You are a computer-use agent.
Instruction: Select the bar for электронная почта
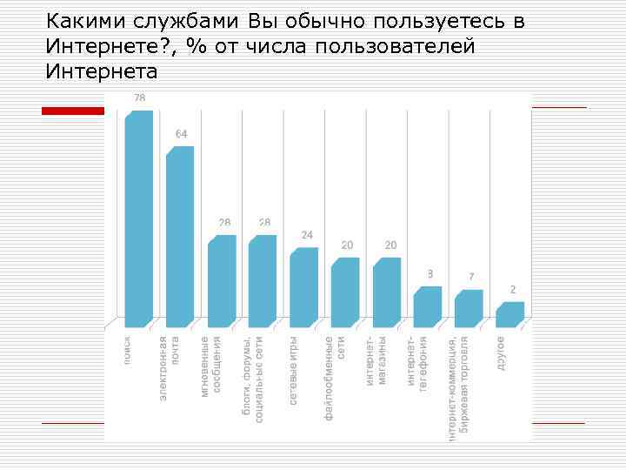point(180,235)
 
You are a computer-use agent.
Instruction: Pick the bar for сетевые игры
point(303,285)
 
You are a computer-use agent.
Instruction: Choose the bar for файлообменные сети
point(345,290)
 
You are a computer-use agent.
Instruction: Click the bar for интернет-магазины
point(387,290)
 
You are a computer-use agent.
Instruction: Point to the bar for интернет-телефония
point(428,305)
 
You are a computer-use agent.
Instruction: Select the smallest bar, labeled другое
point(510,312)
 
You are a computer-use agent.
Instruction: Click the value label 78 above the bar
point(139,98)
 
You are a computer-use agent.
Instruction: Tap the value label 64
point(181,134)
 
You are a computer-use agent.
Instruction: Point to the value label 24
point(307,235)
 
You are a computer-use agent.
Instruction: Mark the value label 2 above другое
point(513,290)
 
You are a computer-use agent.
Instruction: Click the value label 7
point(471,278)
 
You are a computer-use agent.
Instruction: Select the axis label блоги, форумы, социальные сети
point(254,379)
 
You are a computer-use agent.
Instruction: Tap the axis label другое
point(502,353)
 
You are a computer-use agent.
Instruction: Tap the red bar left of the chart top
point(74,111)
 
